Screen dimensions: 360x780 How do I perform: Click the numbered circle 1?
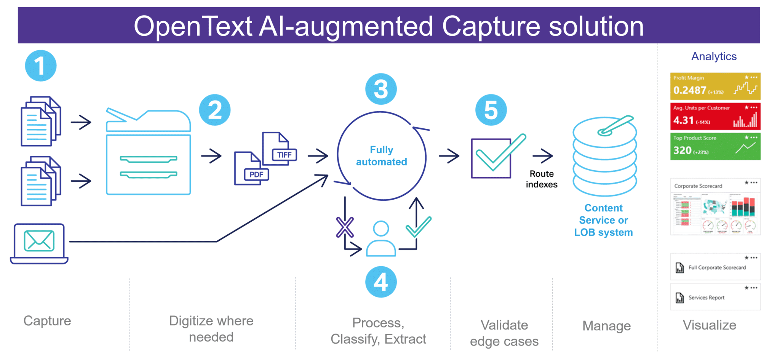pyautogui.click(x=41, y=66)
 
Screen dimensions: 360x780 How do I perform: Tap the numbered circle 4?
pyautogui.click(x=381, y=282)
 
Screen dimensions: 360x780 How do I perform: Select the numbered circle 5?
pyautogui.click(x=491, y=110)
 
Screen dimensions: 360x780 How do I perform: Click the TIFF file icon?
pyautogui.click(x=279, y=149)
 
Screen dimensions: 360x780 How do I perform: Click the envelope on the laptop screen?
pyautogui.click(x=39, y=240)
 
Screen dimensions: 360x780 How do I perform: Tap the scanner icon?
pyautogui.click(x=148, y=152)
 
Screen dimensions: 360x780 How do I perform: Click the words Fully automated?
pyautogui.click(x=382, y=156)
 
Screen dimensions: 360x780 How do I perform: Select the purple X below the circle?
pyautogui.click(x=345, y=227)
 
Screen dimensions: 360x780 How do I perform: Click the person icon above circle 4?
pyautogui.click(x=381, y=239)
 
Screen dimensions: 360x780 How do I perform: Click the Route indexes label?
pyautogui.click(x=542, y=179)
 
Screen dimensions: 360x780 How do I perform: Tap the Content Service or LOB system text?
pyautogui.click(x=604, y=220)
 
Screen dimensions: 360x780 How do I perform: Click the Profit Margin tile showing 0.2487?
pyautogui.click(x=715, y=86)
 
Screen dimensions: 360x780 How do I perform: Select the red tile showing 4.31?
pyautogui.click(x=715, y=117)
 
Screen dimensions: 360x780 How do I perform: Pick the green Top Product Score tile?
pyautogui.click(x=715, y=146)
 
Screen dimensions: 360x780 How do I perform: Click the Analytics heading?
pyautogui.click(x=714, y=56)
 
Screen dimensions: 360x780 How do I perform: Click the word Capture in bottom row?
pyautogui.click(x=47, y=321)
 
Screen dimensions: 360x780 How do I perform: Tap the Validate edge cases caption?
pyautogui.click(x=504, y=333)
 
